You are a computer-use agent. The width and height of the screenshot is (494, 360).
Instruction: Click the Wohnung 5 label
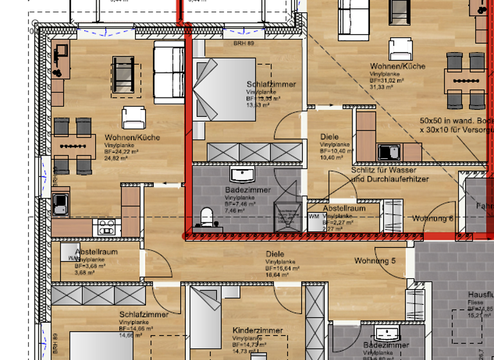(375, 260)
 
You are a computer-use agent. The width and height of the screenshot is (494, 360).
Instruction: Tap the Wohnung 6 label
(433, 219)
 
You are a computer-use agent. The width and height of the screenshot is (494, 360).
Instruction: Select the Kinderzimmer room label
(257, 330)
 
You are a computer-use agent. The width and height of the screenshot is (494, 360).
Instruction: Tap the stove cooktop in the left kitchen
(106, 227)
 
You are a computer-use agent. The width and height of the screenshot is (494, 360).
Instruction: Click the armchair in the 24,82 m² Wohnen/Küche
(134, 116)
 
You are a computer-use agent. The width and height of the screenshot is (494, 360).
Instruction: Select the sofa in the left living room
(169, 75)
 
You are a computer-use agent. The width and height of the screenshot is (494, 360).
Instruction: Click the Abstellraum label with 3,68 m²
(96, 251)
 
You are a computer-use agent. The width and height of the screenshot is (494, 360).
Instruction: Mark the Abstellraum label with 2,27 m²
(344, 208)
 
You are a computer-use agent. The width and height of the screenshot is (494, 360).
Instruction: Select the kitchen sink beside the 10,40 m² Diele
(389, 152)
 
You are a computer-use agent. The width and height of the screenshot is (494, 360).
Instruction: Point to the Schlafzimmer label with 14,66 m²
(143, 314)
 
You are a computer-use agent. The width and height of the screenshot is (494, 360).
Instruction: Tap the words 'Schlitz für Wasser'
(383, 170)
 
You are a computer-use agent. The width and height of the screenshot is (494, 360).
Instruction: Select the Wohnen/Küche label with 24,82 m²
(132, 138)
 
